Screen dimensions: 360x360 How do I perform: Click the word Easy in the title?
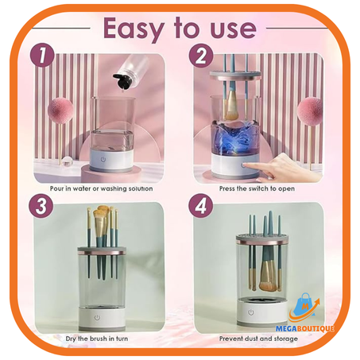pos(134,29)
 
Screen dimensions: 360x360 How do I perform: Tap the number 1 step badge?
pos(42,56)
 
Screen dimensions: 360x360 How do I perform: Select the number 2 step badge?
pos(201,56)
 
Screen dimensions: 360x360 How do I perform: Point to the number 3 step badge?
pos(41,206)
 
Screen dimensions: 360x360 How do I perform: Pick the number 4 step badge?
pos(201,206)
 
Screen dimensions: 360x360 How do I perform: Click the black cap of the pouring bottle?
pos(121,80)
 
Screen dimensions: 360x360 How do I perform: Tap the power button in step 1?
pos(103,159)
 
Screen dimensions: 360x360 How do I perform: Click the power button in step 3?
pos(97,317)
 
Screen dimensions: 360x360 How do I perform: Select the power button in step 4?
pos(251,312)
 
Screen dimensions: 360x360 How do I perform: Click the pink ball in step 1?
pos(60,110)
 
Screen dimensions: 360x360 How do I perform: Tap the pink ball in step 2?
pos(309,110)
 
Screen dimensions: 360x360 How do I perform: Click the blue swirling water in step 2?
pos(234,137)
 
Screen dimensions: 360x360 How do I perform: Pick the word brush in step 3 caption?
pos(99,339)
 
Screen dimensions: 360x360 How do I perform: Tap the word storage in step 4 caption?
pos(285,339)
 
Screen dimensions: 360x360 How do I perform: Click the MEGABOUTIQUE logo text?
pos(304,329)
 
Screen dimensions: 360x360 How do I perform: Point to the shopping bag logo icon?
pos(304,308)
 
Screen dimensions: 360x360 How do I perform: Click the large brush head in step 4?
pos(267,277)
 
